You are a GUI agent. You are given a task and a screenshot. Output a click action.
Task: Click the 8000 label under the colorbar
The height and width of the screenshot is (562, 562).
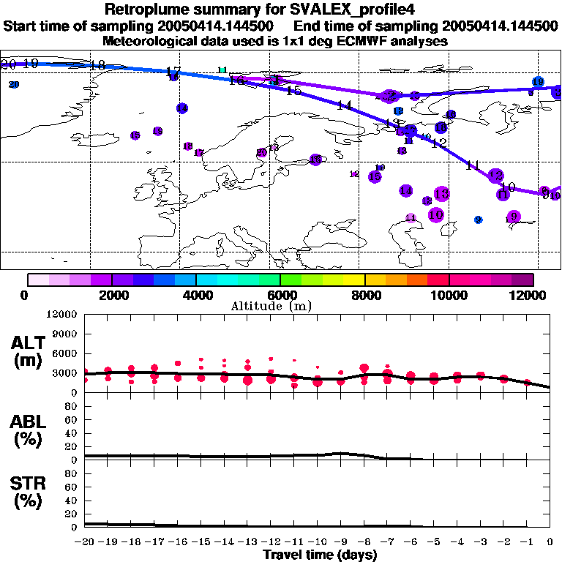[x=364, y=295]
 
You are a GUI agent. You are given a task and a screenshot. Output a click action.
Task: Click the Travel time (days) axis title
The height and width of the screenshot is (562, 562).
[x=321, y=555]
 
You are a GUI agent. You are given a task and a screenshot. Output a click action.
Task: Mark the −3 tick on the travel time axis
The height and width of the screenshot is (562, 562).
[x=480, y=543]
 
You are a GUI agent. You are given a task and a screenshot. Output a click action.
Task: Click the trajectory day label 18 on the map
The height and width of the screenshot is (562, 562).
[x=97, y=66]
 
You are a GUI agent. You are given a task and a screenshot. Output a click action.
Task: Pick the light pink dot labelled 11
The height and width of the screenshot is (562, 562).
[x=411, y=218]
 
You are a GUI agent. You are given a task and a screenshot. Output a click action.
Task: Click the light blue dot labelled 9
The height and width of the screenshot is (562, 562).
[x=478, y=220]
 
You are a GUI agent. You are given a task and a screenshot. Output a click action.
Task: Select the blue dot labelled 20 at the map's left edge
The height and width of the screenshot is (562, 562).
[x=14, y=85]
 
